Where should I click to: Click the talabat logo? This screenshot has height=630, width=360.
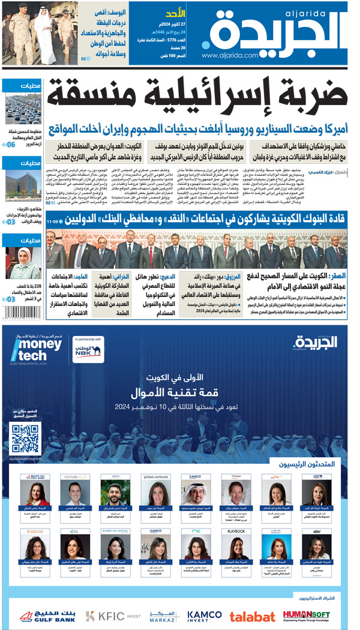tap(252, 616)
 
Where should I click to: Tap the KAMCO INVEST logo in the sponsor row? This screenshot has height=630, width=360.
tap(205, 616)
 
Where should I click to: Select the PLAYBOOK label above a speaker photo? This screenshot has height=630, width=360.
tap(236, 531)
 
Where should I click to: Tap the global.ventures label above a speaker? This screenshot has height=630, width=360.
tap(154, 477)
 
